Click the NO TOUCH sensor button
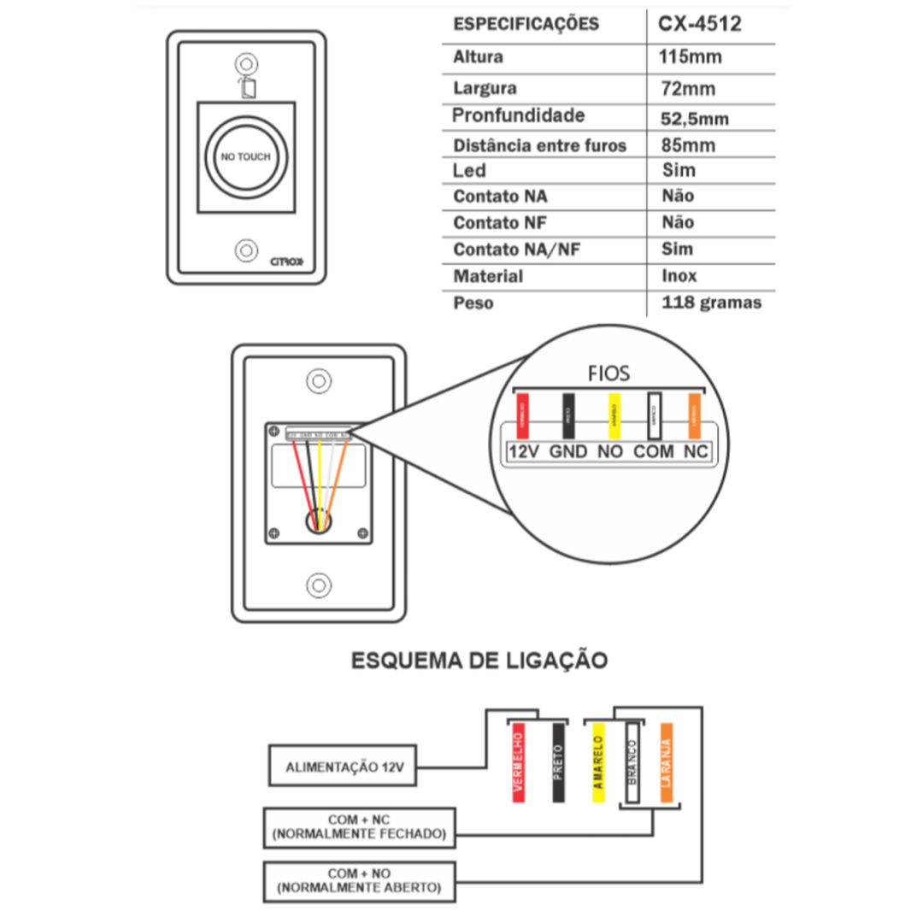point(245,157)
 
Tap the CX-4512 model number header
point(699,24)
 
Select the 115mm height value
point(691,57)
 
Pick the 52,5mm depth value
point(695,118)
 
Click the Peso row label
point(473,303)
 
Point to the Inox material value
point(679,276)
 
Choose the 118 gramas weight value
point(711,303)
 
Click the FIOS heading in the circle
point(609,373)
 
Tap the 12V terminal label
point(522,451)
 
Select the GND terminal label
point(567,451)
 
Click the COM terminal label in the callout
point(654,451)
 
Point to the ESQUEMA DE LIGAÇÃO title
point(479,661)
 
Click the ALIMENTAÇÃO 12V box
point(342,767)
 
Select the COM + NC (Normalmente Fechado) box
point(359,827)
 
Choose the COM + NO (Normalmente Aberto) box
point(359,881)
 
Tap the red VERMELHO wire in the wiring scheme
point(518,763)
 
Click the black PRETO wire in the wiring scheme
point(558,763)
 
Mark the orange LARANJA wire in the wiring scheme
point(667,763)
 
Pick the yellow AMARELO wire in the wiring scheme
point(598,763)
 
